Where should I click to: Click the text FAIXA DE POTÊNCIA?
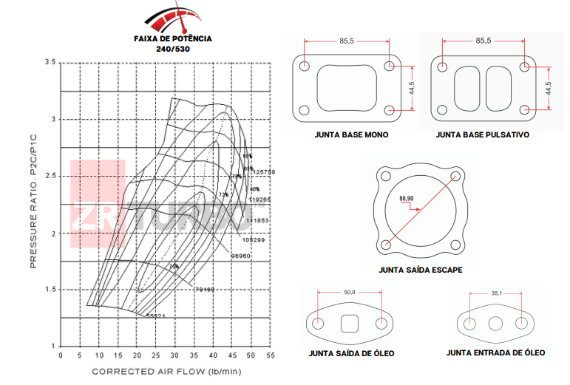pyautogui.click(x=172, y=38)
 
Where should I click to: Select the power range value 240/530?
pyautogui.click(x=172, y=49)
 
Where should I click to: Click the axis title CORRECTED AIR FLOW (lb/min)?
pyautogui.click(x=166, y=371)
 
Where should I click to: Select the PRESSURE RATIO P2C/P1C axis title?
pyautogui.click(x=33, y=202)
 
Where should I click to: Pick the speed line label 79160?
pyautogui.click(x=204, y=290)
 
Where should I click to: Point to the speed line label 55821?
pyautogui.click(x=155, y=316)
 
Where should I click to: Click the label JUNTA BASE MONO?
pyautogui.click(x=350, y=136)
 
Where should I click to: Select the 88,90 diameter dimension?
pyautogui.click(x=406, y=199)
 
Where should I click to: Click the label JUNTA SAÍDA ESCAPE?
pyautogui.click(x=420, y=270)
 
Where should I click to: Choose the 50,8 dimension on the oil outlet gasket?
pyautogui.click(x=350, y=293)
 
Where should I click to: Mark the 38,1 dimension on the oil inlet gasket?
pyautogui.click(x=496, y=293)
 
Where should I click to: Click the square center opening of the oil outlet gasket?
pyautogui.click(x=350, y=323)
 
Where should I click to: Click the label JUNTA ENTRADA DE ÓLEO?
pyautogui.click(x=495, y=352)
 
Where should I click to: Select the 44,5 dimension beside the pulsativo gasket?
pyautogui.click(x=548, y=89)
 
